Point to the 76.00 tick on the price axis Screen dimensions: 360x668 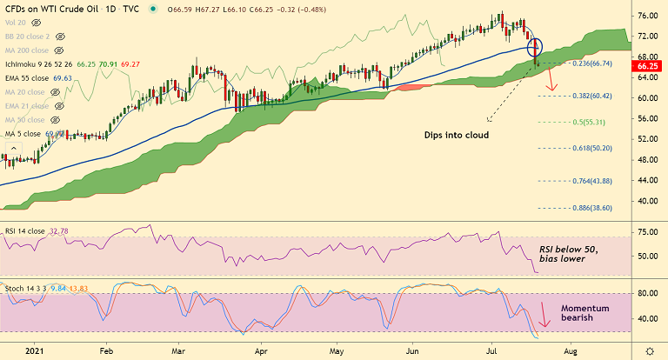(x=645, y=17)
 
